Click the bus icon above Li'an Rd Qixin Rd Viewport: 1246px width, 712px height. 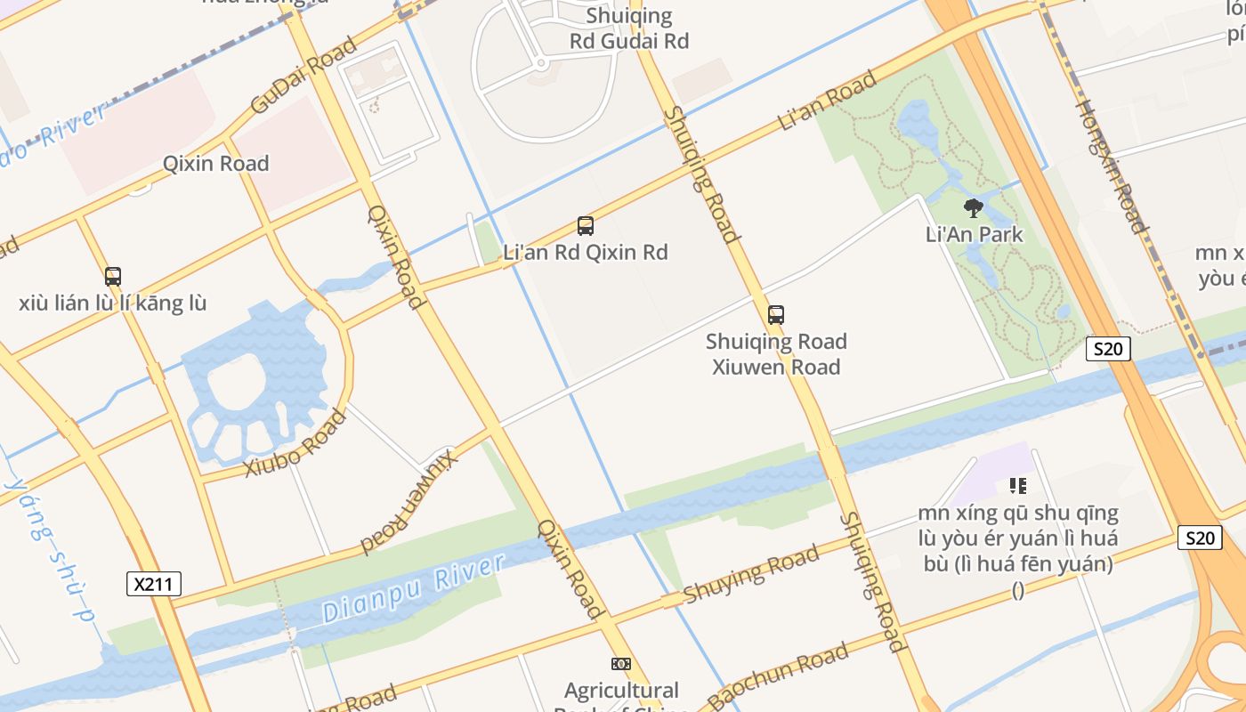(585, 226)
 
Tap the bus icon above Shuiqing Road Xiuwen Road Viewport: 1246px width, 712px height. (776, 315)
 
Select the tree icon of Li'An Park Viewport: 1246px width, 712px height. (974, 208)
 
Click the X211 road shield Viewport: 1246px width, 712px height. (154, 584)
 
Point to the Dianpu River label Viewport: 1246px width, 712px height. (414, 587)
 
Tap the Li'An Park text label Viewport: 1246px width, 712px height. (974, 235)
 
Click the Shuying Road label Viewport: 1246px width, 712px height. (751, 575)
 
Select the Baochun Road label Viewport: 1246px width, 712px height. (778, 676)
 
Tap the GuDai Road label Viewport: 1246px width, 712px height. (303, 75)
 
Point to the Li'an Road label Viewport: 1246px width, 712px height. (828, 101)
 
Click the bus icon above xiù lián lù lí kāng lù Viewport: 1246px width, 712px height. (113, 277)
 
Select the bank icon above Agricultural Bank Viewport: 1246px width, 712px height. (621, 664)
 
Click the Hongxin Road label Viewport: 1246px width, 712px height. (1112, 165)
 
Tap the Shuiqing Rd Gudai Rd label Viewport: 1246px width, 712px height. (629, 28)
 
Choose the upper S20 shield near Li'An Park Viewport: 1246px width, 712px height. (1108, 349)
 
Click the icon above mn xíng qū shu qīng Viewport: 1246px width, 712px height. (1018, 486)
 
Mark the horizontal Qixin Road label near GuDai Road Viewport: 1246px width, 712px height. (215, 164)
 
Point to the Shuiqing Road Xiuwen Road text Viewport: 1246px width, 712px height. (776, 354)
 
